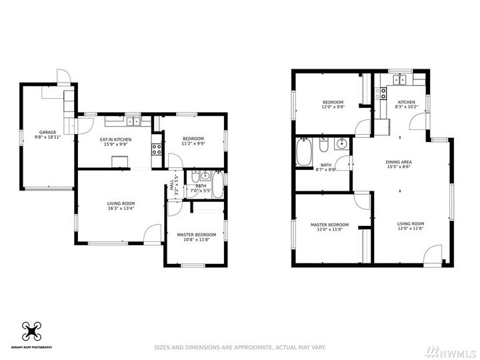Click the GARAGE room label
[x=47, y=132]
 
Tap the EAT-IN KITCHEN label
[x=116, y=139]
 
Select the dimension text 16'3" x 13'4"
[x=121, y=208]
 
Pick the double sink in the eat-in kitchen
[x=133, y=121]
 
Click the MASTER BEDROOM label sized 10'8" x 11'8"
[x=196, y=235]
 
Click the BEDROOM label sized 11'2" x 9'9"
[x=194, y=139]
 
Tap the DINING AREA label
[x=399, y=162]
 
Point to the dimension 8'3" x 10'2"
[x=407, y=107]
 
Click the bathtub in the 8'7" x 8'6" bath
[x=304, y=152]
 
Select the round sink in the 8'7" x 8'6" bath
[x=341, y=143]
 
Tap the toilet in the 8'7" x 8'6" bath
[x=323, y=146]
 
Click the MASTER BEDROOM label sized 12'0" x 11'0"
[x=329, y=225]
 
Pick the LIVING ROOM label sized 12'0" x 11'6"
[x=411, y=224]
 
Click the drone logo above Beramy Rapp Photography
[x=32, y=331]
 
